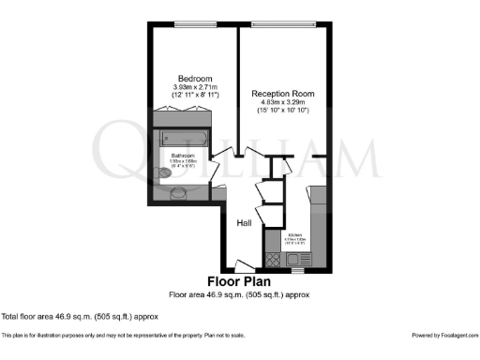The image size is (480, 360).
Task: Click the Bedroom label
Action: click(x=196, y=78)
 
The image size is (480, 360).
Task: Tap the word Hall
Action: click(x=244, y=223)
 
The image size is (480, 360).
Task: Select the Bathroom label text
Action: click(x=183, y=155)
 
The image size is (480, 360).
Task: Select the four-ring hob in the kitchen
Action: click(x=274, y=260)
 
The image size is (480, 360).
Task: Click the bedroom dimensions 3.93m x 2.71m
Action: click(x=196, y=87)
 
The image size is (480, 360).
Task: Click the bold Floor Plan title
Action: click(x=239, y=281)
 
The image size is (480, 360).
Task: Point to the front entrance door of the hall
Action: click(x=242, y=265)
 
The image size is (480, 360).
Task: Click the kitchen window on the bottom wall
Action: click(x=298, y=271)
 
